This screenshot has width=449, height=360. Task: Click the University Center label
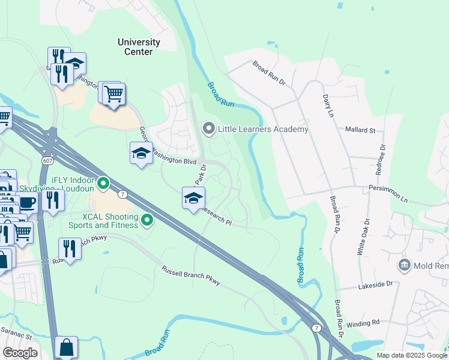[x=139, y=47]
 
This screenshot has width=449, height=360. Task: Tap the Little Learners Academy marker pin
[x=209, y=128]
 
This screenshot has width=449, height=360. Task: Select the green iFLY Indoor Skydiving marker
[x=103, y=182]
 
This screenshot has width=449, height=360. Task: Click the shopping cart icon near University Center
[x=113, y=94]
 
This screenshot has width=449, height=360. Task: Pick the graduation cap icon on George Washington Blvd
[x=141, y=154]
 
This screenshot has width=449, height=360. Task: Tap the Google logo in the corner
[x=20, y=353]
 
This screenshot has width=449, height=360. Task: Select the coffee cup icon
[x=27, y=203]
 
